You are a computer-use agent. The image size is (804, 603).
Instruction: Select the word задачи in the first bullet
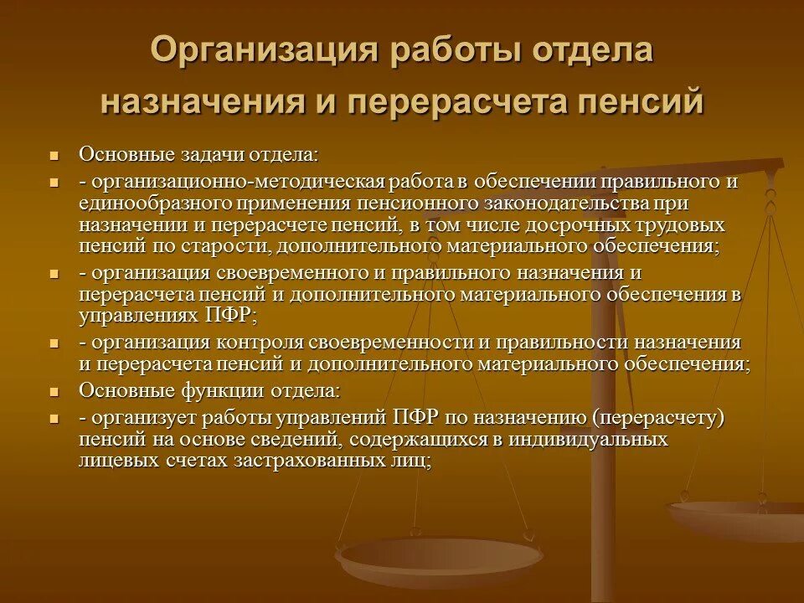tap(211, 155)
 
